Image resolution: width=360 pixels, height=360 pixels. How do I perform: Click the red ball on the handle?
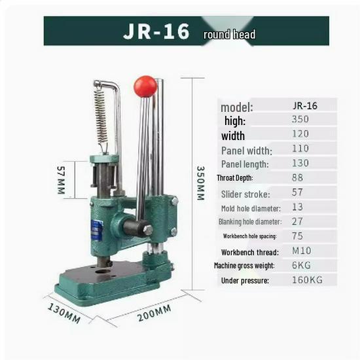[x=145, y=86]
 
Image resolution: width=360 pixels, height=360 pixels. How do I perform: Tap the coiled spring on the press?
[x=101, y=116]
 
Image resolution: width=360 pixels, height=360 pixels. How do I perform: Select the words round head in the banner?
[x=229, y=34]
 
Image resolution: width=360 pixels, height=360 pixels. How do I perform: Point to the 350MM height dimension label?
[x=202, y=183]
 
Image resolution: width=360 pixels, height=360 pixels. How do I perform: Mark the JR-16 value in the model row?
[x=304, y=105]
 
